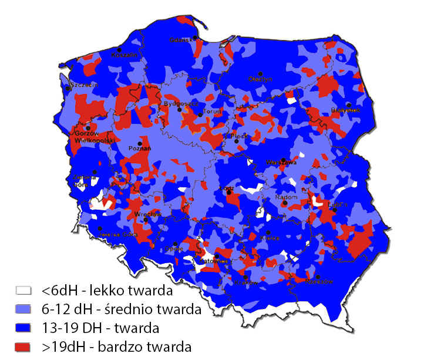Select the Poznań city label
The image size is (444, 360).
pyautogui.click(x=140, y=149)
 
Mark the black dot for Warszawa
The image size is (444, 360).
pyautogui.click(x=283, y=160)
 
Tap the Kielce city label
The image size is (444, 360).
pyautogui.click(x=270, y=238)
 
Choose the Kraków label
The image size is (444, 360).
pyautogui.click(x=247, y=282)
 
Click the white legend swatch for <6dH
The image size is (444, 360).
pyautogui.click(x=23, y=290)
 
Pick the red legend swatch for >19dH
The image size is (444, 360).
pyautogui.click(x=23, y=346)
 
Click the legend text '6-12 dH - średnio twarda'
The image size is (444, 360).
pyautogui.click(x=122, y=308)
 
